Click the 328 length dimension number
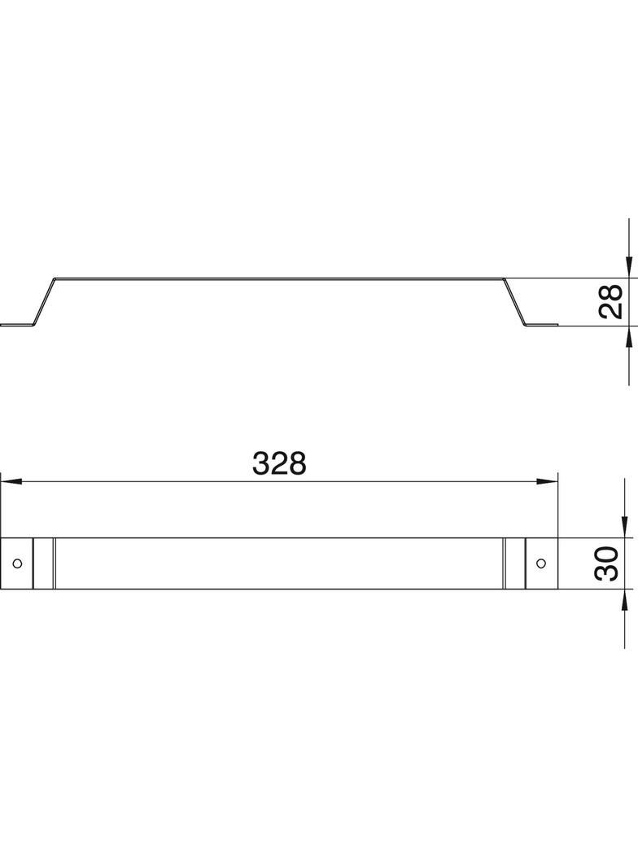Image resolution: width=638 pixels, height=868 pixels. point(279,463)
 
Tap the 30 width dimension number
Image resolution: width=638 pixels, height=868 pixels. point(607,563)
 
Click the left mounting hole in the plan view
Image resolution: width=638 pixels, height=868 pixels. point(16,563)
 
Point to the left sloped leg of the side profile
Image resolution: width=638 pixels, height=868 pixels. point(45,301)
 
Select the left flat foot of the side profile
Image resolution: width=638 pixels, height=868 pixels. point(17,325)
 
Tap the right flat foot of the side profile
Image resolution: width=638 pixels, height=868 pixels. point(541,325)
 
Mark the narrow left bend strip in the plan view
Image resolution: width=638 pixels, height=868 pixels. point(44,563)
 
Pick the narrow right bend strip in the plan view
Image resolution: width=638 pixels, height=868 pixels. point(514,563)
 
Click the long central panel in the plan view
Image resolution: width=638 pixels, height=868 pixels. point(279,563)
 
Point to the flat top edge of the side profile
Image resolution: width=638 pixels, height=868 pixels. point(279,278)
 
